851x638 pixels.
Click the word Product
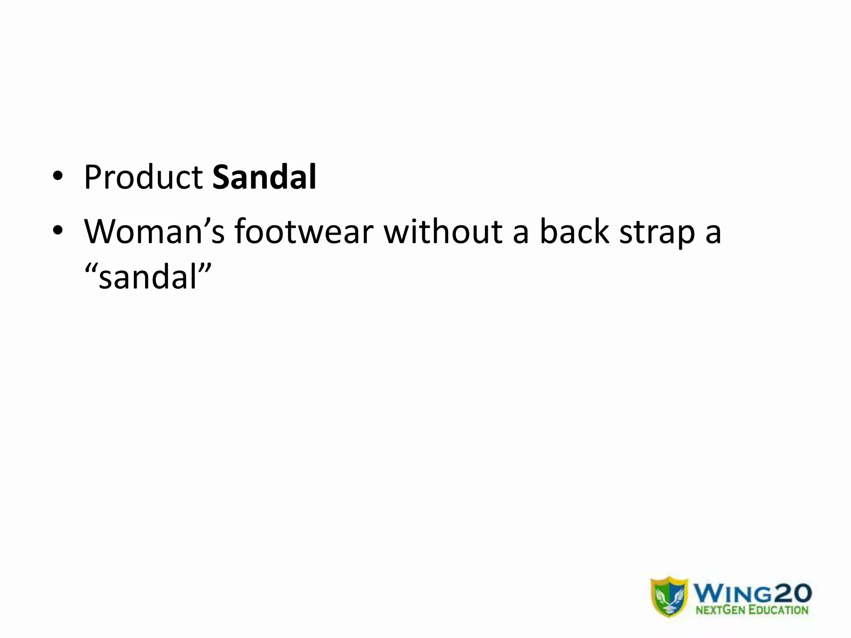[143, 178]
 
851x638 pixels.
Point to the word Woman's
[154, 231]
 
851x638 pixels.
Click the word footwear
[304, 231]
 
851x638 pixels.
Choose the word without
[443, 231]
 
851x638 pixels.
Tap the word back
[574, 231]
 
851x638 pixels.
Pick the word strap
[657, 233]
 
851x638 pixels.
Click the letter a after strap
[713, 233]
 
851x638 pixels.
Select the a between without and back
[521, 233]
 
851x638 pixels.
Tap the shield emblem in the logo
[669, 596]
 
